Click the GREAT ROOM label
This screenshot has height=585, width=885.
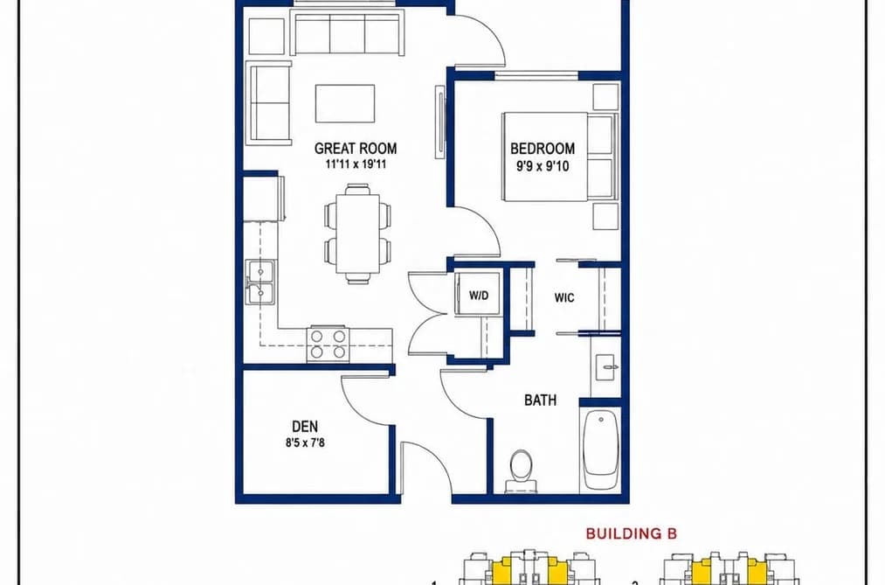click(x=355, y=149)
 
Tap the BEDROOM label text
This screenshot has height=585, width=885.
click(x=543, y=149)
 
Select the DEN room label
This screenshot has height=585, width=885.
click(x=305, y=427)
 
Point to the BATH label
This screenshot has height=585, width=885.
click(x=540, y=400)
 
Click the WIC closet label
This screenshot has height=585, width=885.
click(x=564, y=297)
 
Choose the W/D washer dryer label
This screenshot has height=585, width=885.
click(x=479, y=296)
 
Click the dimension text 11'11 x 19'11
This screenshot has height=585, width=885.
click(x=355, y=165)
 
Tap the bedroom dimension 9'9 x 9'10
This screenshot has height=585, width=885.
click(x=542, y=166)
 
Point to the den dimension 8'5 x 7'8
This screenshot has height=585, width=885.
click(x=305, y=442)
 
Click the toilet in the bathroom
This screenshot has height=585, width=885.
click(x=521, y=471)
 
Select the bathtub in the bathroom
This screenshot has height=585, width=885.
click(x=600, y=449)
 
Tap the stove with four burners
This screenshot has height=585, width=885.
click(x=328, y=344)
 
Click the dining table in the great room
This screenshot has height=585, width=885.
click(x=358, y=233)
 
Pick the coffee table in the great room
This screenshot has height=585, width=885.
click(x=345, y=103)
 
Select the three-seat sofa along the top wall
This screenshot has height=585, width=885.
click(x=348, y=33)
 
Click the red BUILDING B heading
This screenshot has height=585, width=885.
click(x=631, y=533)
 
